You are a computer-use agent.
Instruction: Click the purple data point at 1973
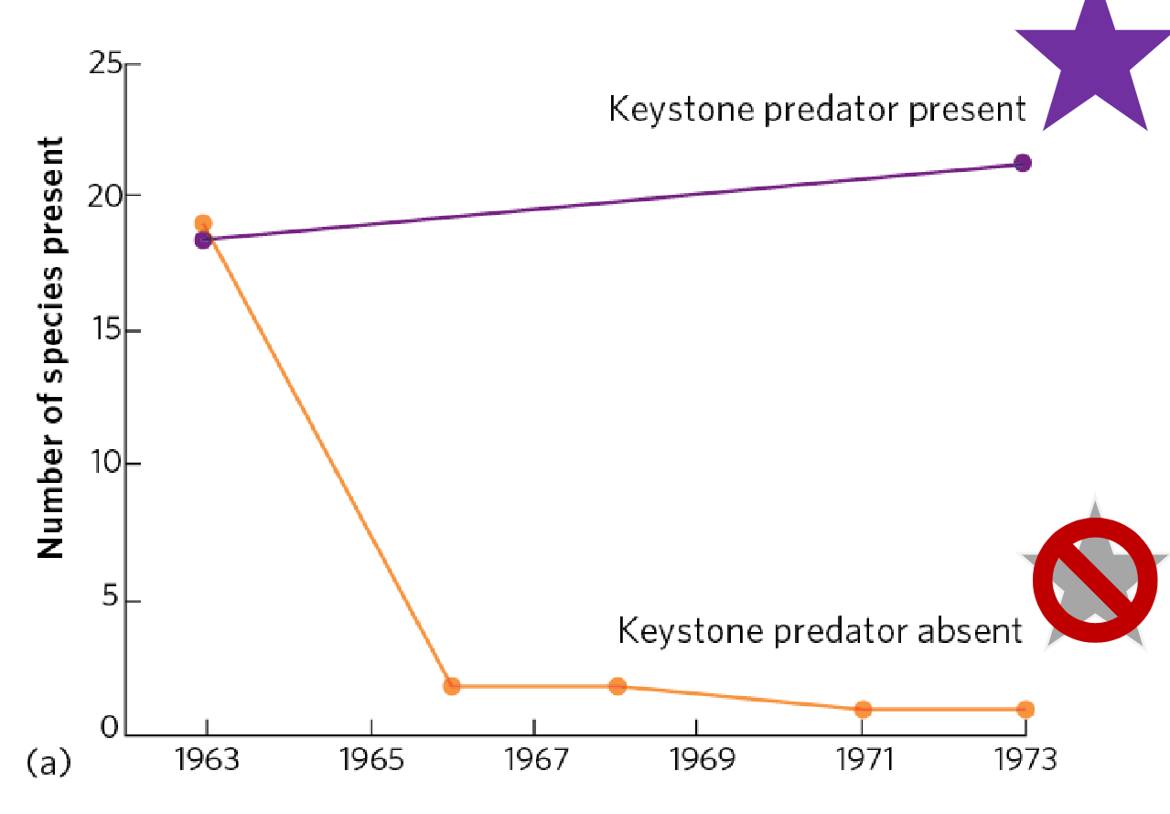(x=1023, y=163)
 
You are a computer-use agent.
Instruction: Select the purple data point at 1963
(x=204, y=241)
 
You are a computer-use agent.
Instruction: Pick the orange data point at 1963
(x=203, y=223)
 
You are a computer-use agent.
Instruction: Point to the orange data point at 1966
(x=451, y=686)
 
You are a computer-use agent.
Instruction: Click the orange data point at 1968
(x=617, y=686)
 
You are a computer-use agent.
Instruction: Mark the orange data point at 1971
(x=863, y=709)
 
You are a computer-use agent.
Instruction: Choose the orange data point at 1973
(x=1025, y=709)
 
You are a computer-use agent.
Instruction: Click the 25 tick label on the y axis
(x=105, y=64)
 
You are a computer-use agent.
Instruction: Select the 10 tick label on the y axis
(x=105, y=463)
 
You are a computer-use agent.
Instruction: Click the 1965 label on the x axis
(x=370, y=760)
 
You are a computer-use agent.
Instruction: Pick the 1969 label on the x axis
(x=696, y=760)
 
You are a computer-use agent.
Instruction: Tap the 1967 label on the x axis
(x=533, y=760)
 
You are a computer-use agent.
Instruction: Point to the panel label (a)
(x=48, y=761)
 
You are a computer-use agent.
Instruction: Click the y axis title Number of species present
(x=50, y=348)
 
